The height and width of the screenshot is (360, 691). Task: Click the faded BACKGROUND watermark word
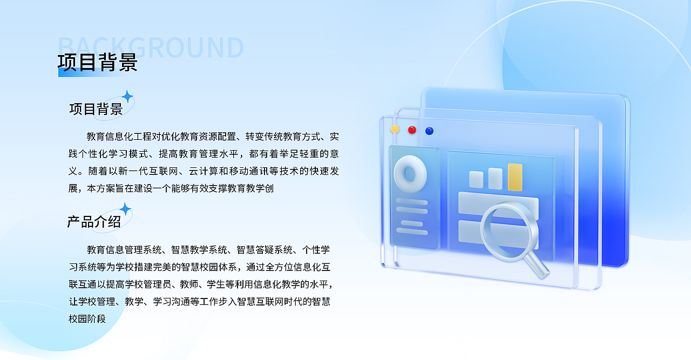(x=151, y=47)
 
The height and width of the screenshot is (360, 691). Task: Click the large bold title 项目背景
(x=98, y=63)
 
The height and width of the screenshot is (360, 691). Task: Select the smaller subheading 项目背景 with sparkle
(x=96, y=109)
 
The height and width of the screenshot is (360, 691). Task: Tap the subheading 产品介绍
(x=94, y=221)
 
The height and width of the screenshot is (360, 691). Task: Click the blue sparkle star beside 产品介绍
(x=125, y=209)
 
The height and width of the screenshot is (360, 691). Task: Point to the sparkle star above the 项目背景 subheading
(x=127, y=97)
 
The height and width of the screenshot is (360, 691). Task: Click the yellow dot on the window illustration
(x=395, y=129)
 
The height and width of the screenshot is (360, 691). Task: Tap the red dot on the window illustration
(x=412, y=130)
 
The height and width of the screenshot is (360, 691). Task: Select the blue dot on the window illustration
(x=429, y=131)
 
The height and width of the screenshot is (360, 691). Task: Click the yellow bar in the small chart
(x=515, y=177)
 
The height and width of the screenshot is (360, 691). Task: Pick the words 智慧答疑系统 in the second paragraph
(x=265, y=250)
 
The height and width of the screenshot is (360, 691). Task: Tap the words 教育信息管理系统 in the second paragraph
(x=124, y=250)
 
